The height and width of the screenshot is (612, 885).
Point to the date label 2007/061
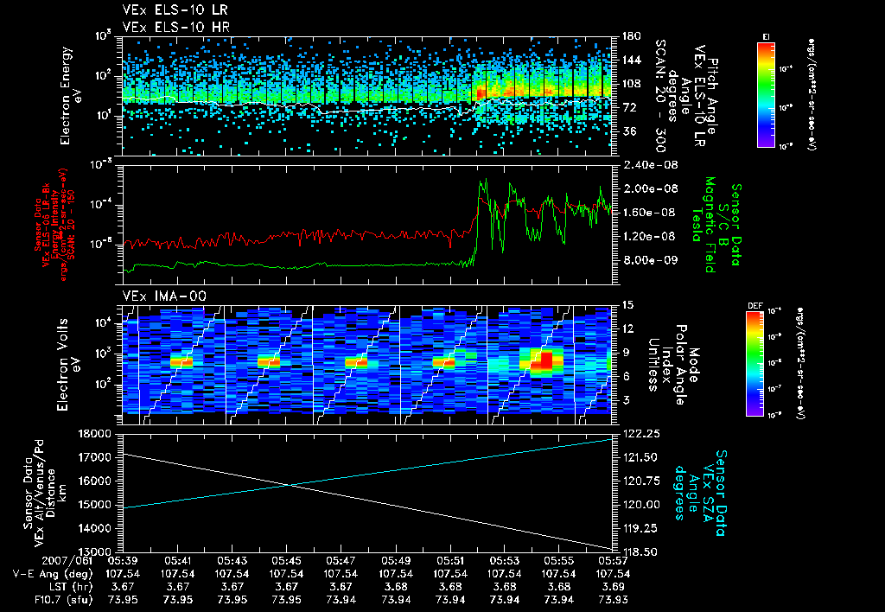[35, 560]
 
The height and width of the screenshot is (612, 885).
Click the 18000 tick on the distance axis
[97, 433]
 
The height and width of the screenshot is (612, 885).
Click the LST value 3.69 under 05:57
[612, 586]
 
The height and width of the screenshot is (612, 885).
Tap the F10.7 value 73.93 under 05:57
[612, 599]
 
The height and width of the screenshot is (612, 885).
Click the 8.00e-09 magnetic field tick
[647, 260]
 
